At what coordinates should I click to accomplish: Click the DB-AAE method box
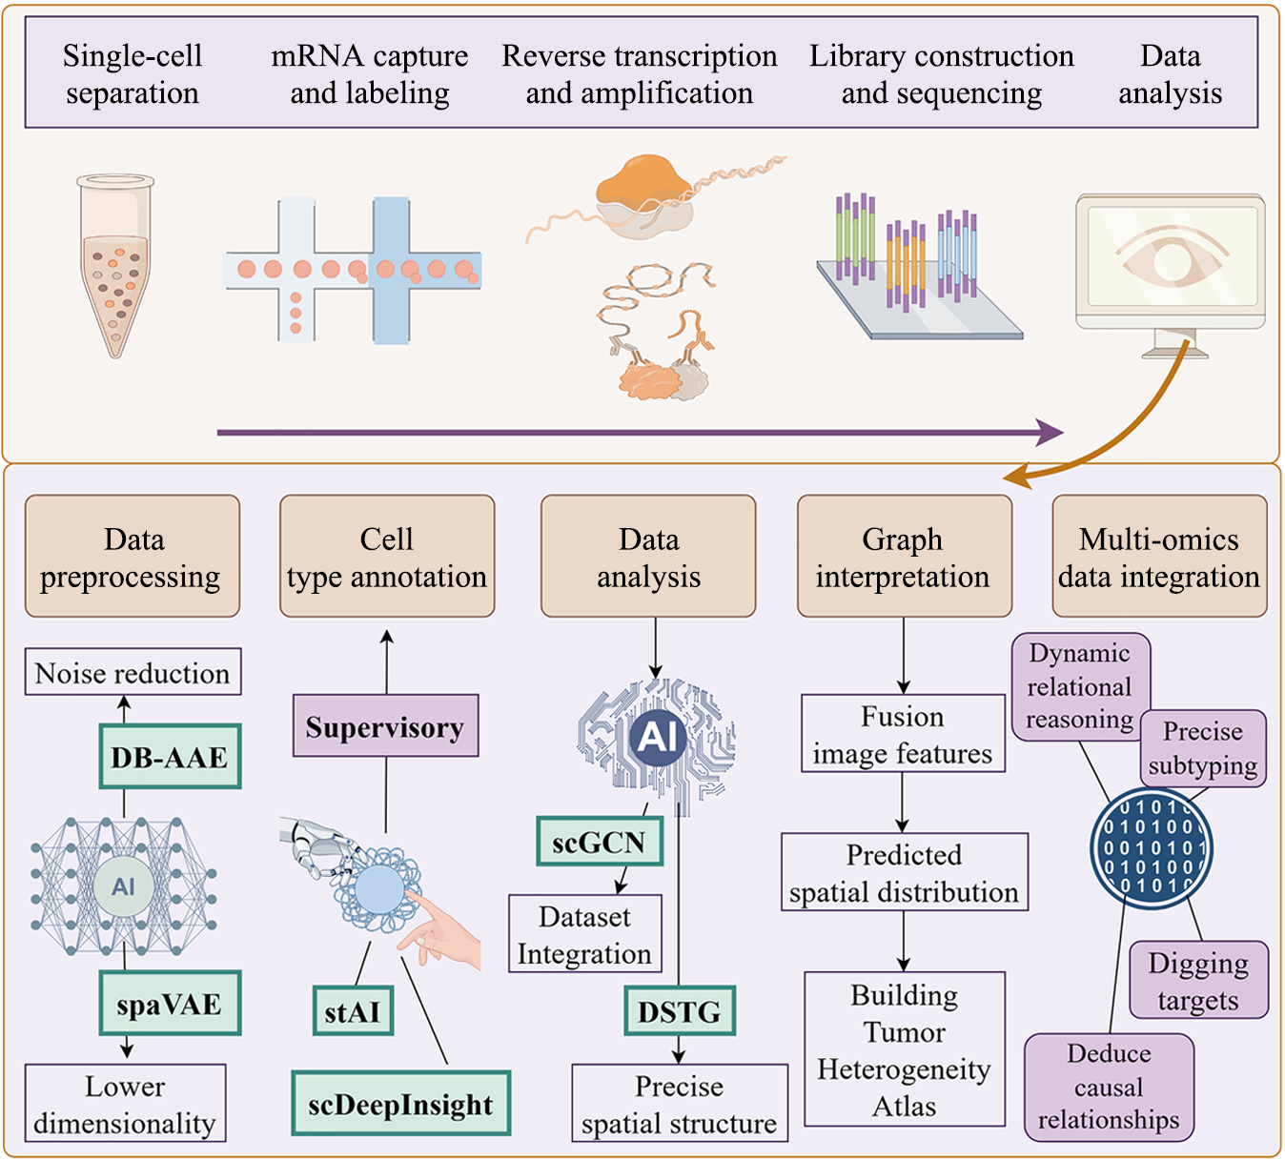[170, 757]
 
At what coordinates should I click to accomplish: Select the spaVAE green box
[170, 1004]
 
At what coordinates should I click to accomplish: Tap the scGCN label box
[600, 842]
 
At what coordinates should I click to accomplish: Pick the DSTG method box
[680, 1011]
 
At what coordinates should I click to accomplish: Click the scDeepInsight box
[400, 1104]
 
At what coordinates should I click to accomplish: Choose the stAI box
[353, 1011]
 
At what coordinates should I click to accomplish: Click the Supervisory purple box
[385, 726]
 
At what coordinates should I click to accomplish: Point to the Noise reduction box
[133, 673]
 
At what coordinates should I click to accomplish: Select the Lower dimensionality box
[125, 1104]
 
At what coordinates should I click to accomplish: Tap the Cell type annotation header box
[387, 557]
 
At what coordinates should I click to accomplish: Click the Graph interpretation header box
[904, 557]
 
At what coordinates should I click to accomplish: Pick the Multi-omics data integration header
[1159, 557]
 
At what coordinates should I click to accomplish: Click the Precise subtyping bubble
[1203, 748]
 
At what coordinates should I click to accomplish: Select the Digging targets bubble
[1198, 981]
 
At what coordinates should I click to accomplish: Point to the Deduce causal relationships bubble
[1109, 1087]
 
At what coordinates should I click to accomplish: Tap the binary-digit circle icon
[1152, 847]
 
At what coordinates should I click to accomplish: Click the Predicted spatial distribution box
[904, 872]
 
